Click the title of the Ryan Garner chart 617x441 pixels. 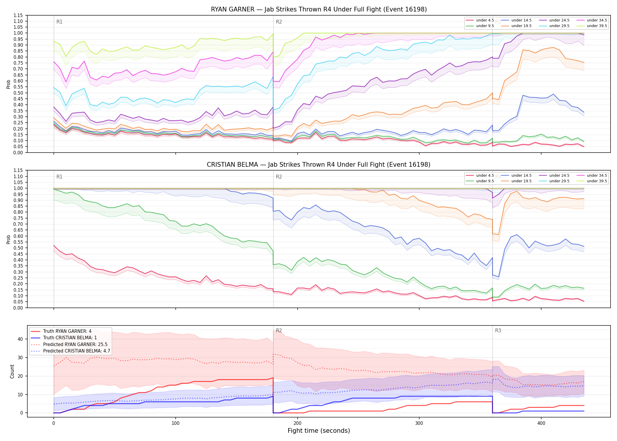click(x=319, y=9)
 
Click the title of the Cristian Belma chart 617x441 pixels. click(x=318, y=165)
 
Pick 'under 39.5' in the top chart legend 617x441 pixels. click(x=597, y=26)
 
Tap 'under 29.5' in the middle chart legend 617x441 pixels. click(x=559, y=181)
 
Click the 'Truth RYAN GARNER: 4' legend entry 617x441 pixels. click(x=67, y=331)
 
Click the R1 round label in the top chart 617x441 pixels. click(x=59, y=22)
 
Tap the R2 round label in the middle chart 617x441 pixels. click(x=279, y=177)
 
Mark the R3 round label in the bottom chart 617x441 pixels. click(x=498, y=330)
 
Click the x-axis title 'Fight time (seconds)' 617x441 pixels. click(x=319, y=431)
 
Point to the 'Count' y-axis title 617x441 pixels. click(x=12, y=371)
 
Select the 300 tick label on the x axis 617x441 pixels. click(x=419, y=423)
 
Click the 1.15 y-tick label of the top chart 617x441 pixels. click(x=18, y=15)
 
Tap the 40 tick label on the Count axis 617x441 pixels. click(x=20, y=339)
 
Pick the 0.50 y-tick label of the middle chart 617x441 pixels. click(x=18, y=248)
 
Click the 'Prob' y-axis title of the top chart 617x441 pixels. click(x=9, y=84)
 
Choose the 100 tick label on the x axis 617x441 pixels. click(x=175, y=423)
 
